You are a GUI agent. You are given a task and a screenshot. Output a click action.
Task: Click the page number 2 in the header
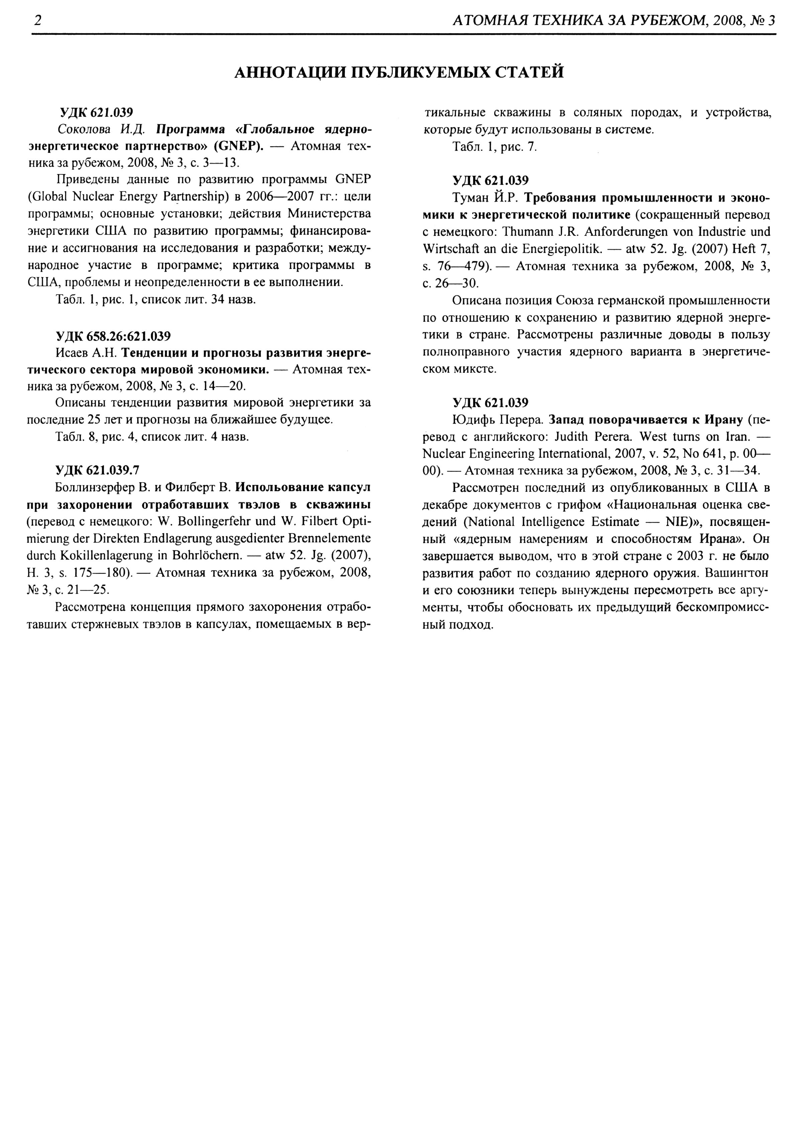pos(37,20)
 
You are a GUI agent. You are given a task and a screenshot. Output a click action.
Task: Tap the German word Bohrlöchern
pos(208,555)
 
